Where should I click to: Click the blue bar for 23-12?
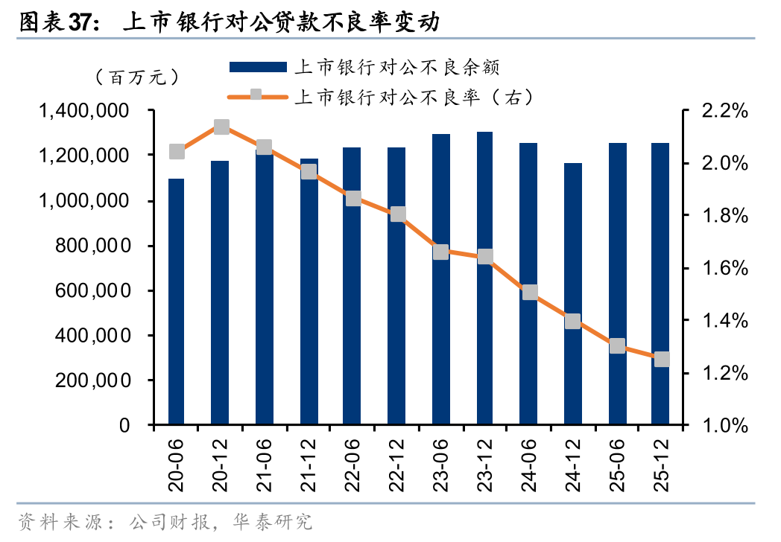pyautogui.click(x=484, y=278)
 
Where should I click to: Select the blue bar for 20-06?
pyautogui.click(x=177, y=302)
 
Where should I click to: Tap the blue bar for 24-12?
pyautogui.click(x=572, y=294)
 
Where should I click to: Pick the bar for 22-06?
pyautogui.click(x=352, y=286)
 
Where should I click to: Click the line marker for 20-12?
pyautogui.click(x=221, y=127)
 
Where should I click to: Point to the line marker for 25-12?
pyautogui.click(x=661, y=360)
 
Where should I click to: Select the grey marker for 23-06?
pyautogui.click(x=440, y=252)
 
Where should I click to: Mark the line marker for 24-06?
pyautogui.click(x=529, y=292)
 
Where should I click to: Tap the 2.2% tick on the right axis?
pyautogui.click(x=724, y=112)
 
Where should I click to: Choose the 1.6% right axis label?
pyautogui.click(x=724, y=269)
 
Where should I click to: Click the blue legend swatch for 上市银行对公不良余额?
pyautogui.click(x=258, y=67)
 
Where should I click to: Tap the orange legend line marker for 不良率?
pyautogui.click(x=258, y=95)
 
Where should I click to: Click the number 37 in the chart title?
pyautogui.click(x=82, y=23)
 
